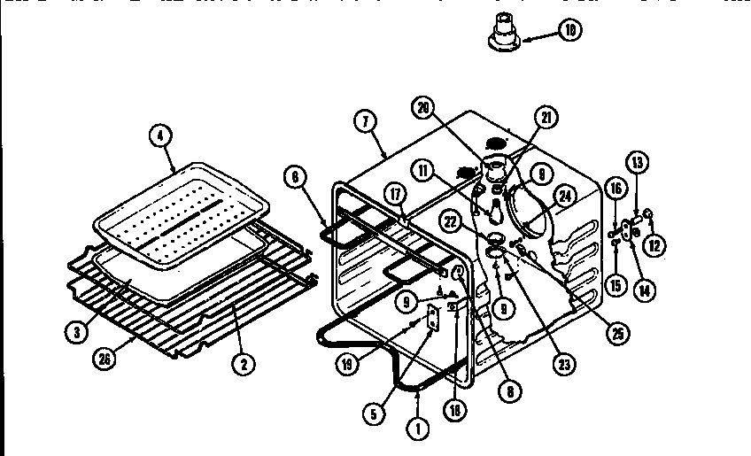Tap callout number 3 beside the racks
(78, 334)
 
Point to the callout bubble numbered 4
(159, 136)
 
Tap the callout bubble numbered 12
(654, 245)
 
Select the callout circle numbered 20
(424, 106)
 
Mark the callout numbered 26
(106, 359)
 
